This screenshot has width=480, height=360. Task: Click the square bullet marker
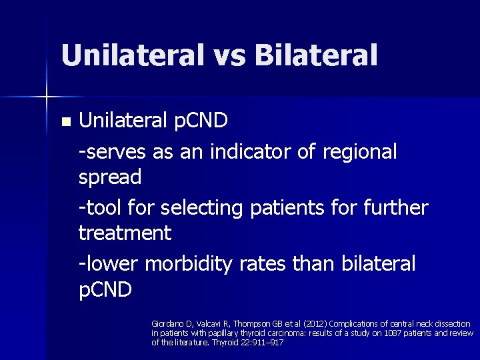coord(65,122)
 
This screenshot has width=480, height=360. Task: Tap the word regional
coord(359,152)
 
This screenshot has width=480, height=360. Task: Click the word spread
coord(110,178)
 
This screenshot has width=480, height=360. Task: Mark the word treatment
coord(125,233)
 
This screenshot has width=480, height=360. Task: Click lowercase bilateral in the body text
coord(377,263)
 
